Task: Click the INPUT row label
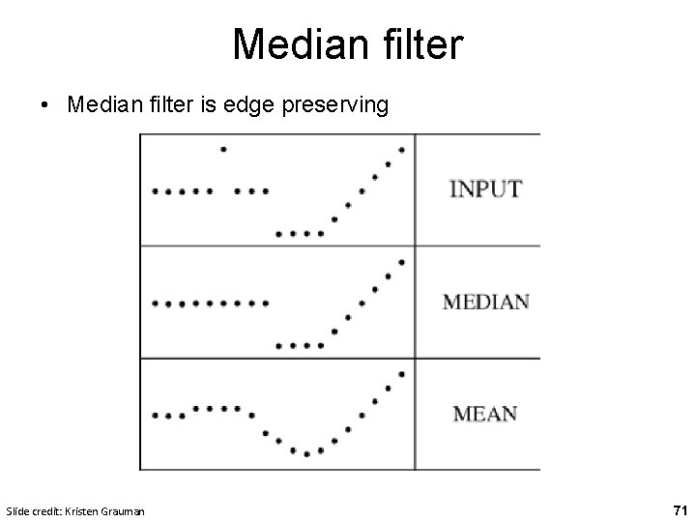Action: [x=485, y=188]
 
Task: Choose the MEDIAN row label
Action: [x=485, y=301]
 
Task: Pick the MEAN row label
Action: [x=485, y=414]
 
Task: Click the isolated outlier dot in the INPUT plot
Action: [x=223, y=149]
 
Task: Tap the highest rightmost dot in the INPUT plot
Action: [x=401, y=149]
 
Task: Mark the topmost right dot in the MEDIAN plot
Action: [x=401, y=261]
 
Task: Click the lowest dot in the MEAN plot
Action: [x=306, y=453]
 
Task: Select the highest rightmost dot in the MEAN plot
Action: [x=401, y=373]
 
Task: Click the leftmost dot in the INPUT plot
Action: [x=155, y=191]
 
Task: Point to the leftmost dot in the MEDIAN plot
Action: [x=155, y=304]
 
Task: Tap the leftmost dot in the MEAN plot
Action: [x=155, y=416]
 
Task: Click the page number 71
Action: [x=680, y=508]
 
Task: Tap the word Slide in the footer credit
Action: [x=17, y=509]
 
